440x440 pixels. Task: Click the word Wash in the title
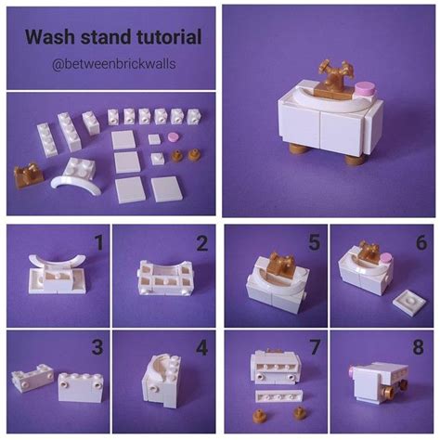[x=47, y=38]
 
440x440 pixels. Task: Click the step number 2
[x=200, y=244]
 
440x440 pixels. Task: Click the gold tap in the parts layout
[x=29, y=174]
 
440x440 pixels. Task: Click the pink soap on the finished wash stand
[x=363, y=88]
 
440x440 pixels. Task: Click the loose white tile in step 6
[x=407, y=299]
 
